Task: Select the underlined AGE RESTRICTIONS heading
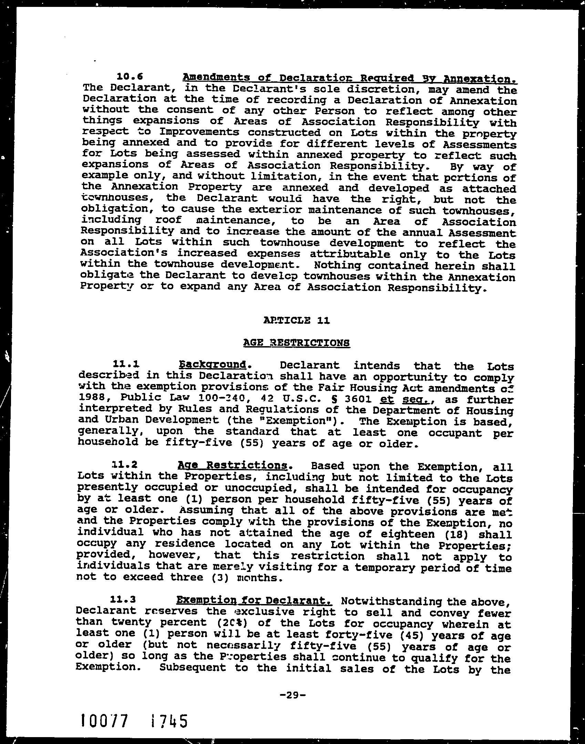(x=296, y=342)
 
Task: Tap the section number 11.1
(x=126, y=364)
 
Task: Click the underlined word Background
(x=213, y=364)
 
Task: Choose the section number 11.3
(x=123, y=600)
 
